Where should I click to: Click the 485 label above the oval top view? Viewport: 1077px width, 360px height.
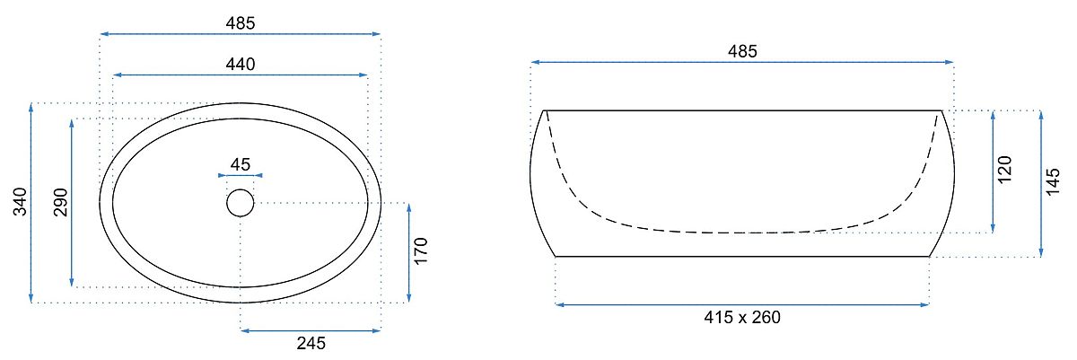(x=241, y=23)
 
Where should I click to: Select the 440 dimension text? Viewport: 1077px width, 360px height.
(x=241, y=64)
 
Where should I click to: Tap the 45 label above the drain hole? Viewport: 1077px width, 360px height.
(x=241, y=164)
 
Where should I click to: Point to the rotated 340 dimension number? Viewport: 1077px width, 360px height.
(x=20, y=202)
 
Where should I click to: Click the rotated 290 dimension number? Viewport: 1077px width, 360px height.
(x=61, y=202)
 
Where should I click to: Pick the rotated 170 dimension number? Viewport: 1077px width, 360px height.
(x=421, y=250)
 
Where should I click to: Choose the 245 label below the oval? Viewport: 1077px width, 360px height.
(x=311, y=343)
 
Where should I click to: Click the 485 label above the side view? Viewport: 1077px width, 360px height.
(x=742, y=51)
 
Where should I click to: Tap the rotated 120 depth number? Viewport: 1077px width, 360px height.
(x=1004, y=170)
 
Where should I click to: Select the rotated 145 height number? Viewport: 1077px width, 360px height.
(x=1053, y=181)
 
